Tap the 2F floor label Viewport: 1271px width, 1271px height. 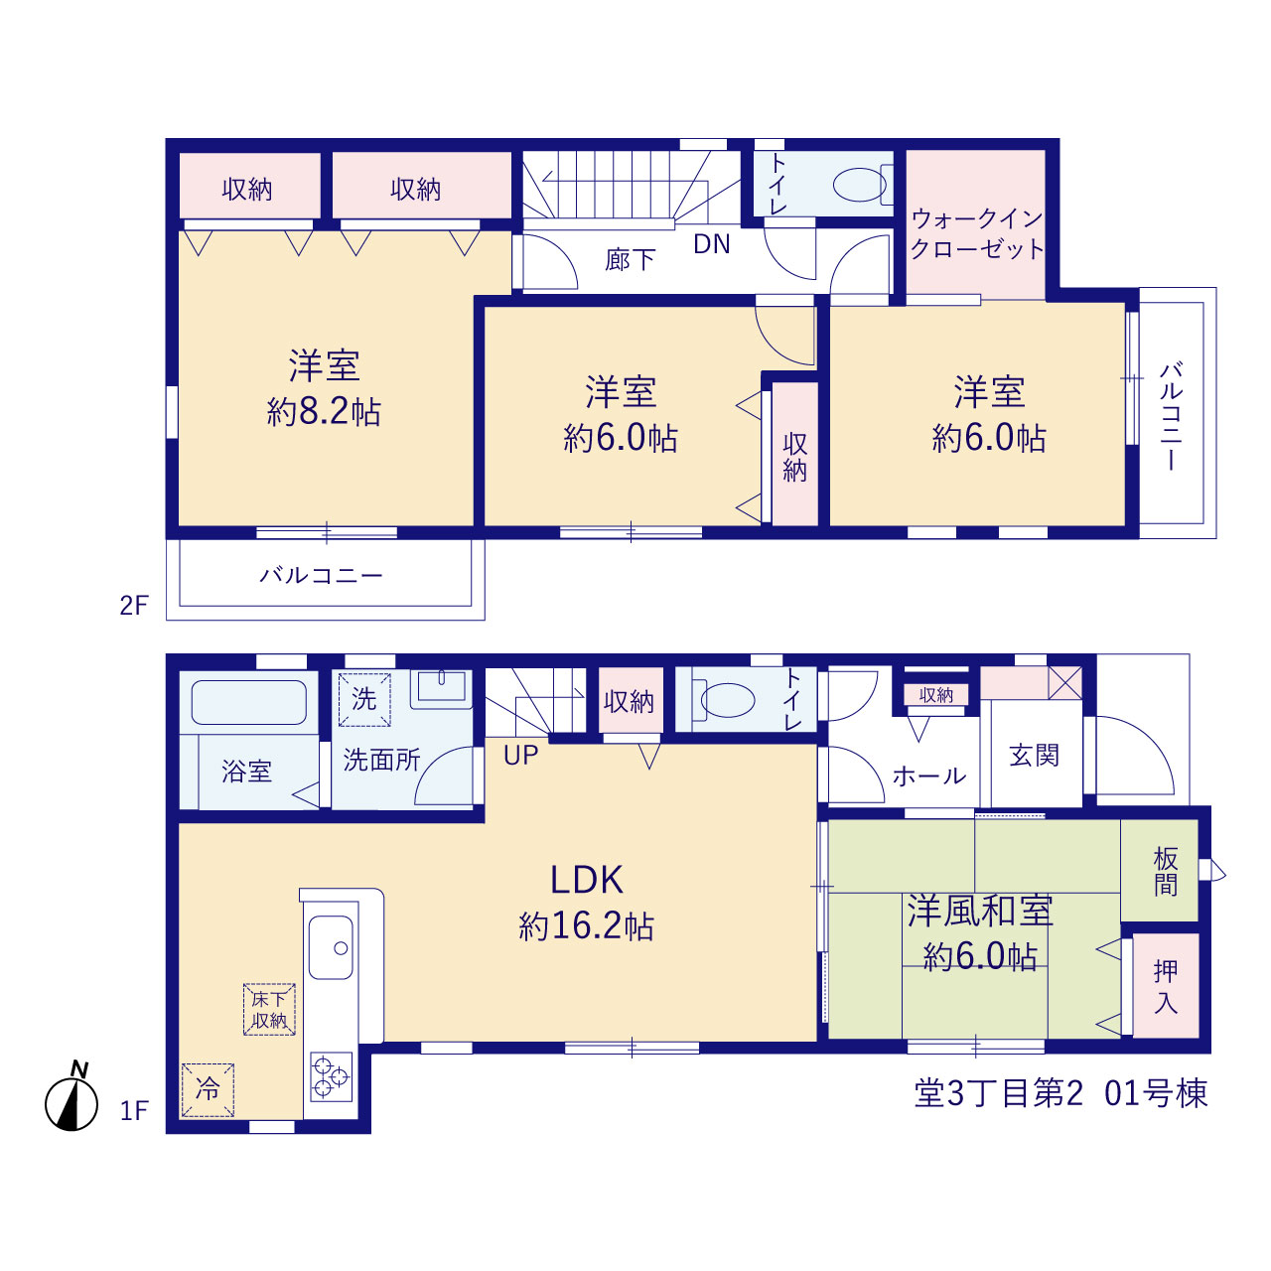134,606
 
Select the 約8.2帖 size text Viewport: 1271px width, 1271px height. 324,412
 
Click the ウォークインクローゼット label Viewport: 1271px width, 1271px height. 977,233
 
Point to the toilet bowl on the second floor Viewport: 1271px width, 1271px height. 860,185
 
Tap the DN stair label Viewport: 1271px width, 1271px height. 712,244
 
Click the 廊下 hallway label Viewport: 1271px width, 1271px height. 630,260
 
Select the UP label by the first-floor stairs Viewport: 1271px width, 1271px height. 520,756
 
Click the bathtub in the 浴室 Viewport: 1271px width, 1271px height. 248,703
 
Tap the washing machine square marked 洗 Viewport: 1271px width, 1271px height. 364,699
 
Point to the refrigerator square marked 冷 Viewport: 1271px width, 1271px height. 208,1089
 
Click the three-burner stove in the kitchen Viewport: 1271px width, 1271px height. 331,1077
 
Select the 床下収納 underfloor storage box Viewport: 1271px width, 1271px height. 269,1009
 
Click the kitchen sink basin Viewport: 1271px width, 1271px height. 331,948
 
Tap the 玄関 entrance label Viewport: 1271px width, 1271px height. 1034,756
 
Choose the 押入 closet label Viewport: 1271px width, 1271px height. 1166,987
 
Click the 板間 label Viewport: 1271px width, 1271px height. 1166,871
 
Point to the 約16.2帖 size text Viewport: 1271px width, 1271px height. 587,926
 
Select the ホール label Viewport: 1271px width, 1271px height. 929,777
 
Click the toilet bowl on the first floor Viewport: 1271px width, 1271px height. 728,700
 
